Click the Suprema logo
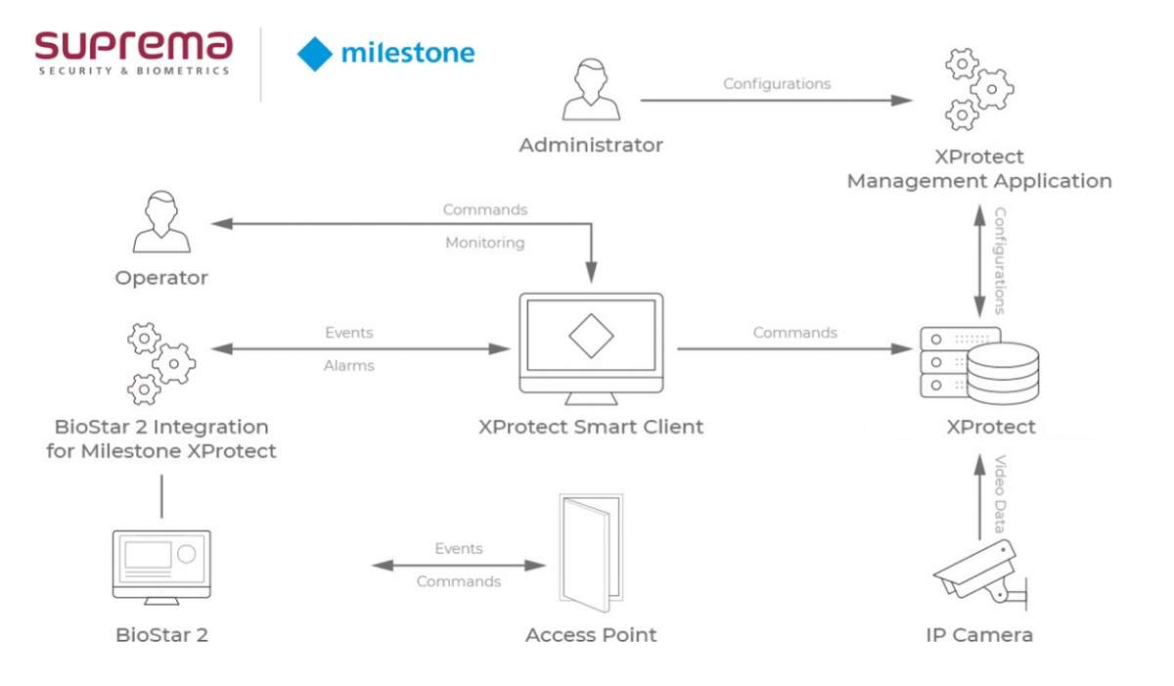click(x=134, y=51)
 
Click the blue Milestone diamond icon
click(x=315, y=53)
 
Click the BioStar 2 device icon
click(x=161, y=567)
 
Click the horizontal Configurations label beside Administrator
click(x=777, y=84)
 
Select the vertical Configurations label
click(x=1001, y=260)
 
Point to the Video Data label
click(x=1001, y=493)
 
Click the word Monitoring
click(x=485, y=243)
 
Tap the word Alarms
click(x=349, y=366)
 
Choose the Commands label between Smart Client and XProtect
click(x=794, y=333)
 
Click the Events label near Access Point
click(x=459, y=549)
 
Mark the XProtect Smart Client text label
click(x=591, y=427)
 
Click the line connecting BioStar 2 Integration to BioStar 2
click(x=161, y=497)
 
